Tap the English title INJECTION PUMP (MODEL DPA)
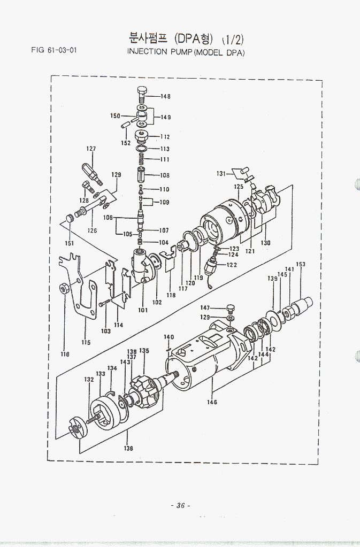click(186, 52)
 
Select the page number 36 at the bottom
click(180, 505)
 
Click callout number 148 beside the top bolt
click(165, 96)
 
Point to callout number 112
click(165, 137)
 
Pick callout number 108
click(164, 175)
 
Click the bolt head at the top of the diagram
click(142, 91)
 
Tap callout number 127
click(91, 149)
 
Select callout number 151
click(68, 243)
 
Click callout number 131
click(221, 173)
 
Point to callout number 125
click(239, 187)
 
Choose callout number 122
click(232, 265)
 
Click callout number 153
click(301, 264)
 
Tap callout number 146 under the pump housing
click(212, 402)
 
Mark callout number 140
click(168, 337)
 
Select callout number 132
click(89, 379)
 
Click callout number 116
click(65, 354)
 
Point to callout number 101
click(143, 310)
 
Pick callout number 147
click(205, 308)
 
